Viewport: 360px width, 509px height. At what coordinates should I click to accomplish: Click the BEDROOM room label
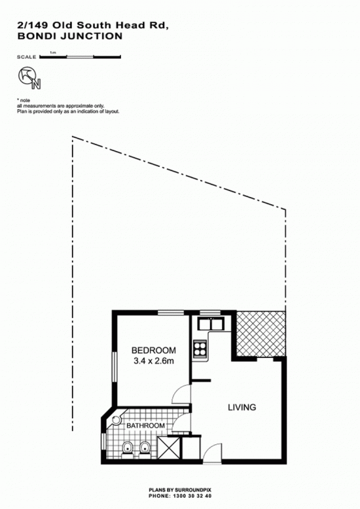(154, 350)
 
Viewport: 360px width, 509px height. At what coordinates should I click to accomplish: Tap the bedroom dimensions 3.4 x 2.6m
(154, 360)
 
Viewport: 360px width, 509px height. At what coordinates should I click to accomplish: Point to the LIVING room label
(242, 407)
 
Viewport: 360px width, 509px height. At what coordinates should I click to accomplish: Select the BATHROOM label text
(145, 425)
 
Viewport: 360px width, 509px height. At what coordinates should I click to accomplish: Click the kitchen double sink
(211, 324)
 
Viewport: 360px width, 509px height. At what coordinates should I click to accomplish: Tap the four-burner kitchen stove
(200, 348)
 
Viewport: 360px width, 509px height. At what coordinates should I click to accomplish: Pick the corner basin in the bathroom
(117, 421)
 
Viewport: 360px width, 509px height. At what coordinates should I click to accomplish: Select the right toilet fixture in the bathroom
(144, 449)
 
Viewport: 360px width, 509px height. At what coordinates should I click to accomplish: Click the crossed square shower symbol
(169, 448)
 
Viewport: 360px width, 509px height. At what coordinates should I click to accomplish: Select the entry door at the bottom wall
(212, 453)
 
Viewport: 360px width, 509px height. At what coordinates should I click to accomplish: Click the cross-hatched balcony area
(261, 334)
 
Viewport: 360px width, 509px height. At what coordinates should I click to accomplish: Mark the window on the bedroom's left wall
(114, 367)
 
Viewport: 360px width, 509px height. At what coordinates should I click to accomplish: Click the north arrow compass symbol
(29, 78)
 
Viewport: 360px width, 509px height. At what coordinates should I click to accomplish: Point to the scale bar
(81, 57)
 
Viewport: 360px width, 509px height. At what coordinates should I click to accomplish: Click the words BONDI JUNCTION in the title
(70, 36)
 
